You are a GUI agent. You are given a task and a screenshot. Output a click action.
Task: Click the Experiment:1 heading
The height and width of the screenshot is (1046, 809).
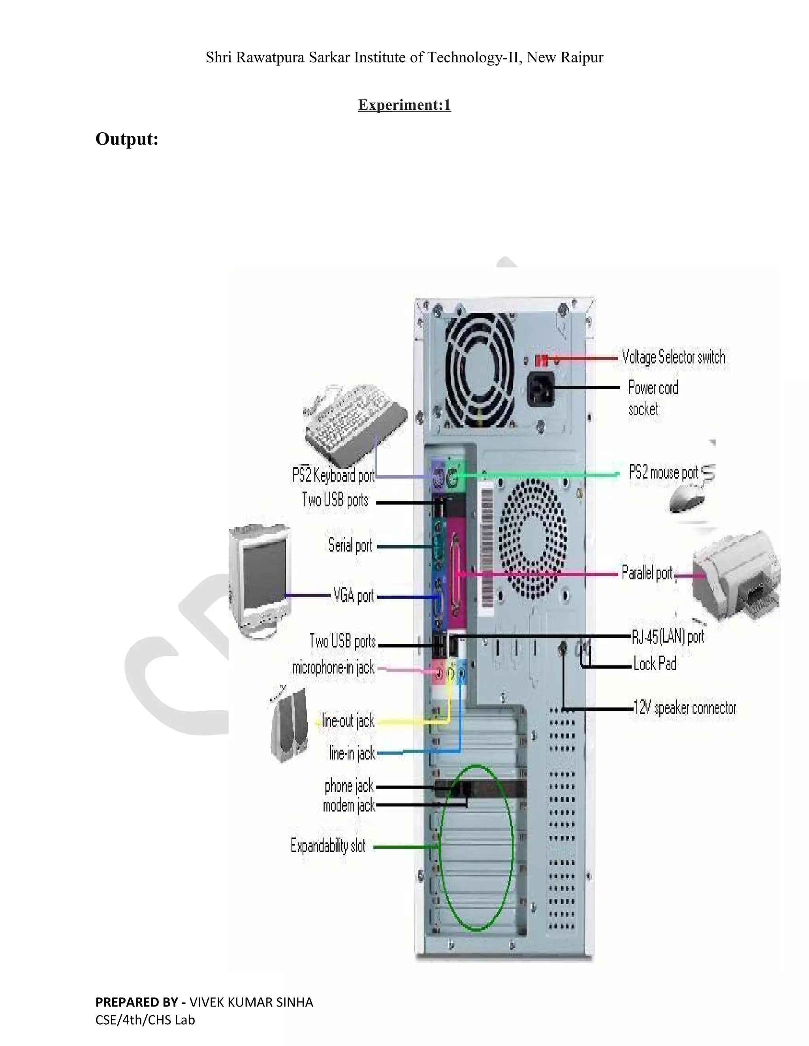click(x=404, y=105)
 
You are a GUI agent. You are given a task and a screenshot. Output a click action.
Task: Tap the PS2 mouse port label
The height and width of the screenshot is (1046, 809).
click(x=663, y=473)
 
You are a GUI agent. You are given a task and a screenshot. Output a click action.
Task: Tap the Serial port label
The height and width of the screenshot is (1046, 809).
click(x=350, y=545)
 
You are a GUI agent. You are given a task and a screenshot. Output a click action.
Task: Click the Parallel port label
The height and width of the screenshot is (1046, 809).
click(x=647, y=573)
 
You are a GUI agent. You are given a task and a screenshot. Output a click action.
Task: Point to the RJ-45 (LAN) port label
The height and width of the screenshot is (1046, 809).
click(x=668, y=637)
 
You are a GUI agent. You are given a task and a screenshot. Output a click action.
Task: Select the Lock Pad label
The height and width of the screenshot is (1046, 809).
click(x=655, y=664)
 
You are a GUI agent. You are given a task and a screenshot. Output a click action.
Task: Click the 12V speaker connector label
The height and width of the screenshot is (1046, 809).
click(x=685, y=708)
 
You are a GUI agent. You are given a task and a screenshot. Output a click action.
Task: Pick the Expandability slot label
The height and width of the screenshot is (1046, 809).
click(x=328, y=846)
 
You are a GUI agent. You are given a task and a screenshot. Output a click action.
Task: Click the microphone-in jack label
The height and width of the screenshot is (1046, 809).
click(x=333, y=667)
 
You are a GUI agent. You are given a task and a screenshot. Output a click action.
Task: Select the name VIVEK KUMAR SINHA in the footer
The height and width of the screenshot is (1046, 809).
click(x=251, y=1003)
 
